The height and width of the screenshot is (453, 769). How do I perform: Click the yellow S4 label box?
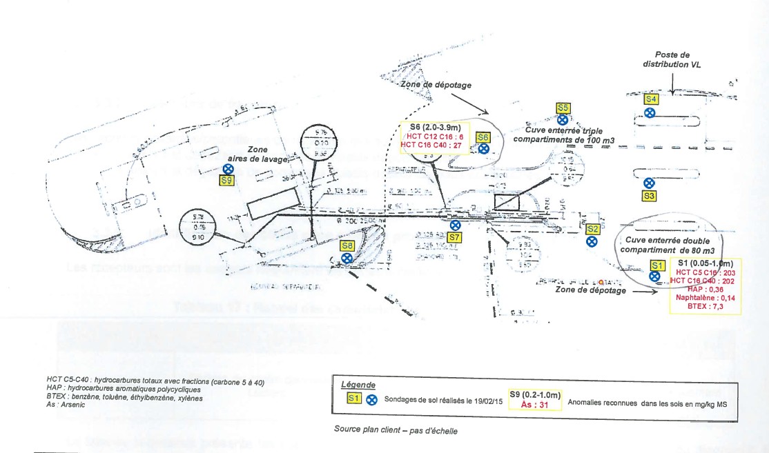tap(650, 99)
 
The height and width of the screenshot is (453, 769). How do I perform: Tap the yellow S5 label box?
tap(563, 108)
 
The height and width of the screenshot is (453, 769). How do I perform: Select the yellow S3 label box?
tap(649, 196)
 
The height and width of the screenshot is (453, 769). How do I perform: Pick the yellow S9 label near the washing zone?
tap(226, 181)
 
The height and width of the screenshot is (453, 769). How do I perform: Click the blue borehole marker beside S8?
tap(348, 258)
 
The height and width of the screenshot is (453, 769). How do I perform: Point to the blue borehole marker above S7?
tap(455, 225)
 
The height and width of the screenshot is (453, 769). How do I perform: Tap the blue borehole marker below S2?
tap(592, 241)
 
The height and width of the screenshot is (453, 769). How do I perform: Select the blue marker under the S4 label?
tap(650, 112)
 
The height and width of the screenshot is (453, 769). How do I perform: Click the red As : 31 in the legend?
tap(535, 405)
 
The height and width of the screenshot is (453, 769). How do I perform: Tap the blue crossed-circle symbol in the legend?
tap(371, 399)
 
